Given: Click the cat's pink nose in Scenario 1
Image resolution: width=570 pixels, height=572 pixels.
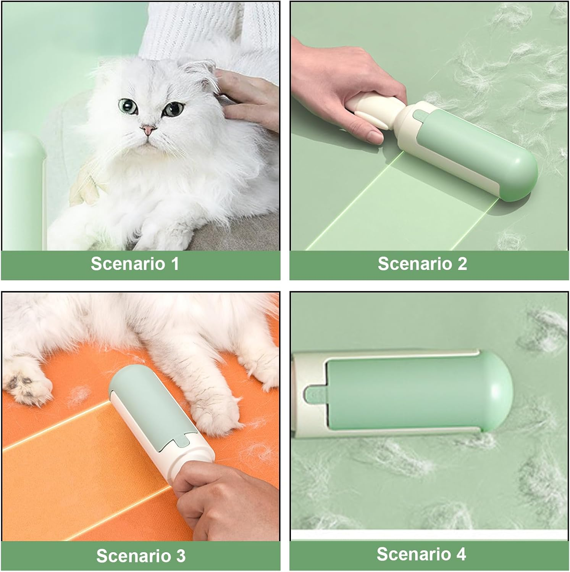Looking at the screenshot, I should (x=148, y=130).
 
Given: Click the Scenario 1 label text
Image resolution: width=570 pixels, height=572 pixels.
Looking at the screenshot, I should (x=135, y=264).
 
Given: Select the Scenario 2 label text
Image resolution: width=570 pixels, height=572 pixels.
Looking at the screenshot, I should (x=422, y=264).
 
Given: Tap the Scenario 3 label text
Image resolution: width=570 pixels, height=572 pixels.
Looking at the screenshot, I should (x=140, y=556).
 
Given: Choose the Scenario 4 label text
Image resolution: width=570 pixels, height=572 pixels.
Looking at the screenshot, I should (x=421, y=554).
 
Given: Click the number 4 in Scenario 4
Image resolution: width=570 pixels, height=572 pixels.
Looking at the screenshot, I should (x=461, y=554).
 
